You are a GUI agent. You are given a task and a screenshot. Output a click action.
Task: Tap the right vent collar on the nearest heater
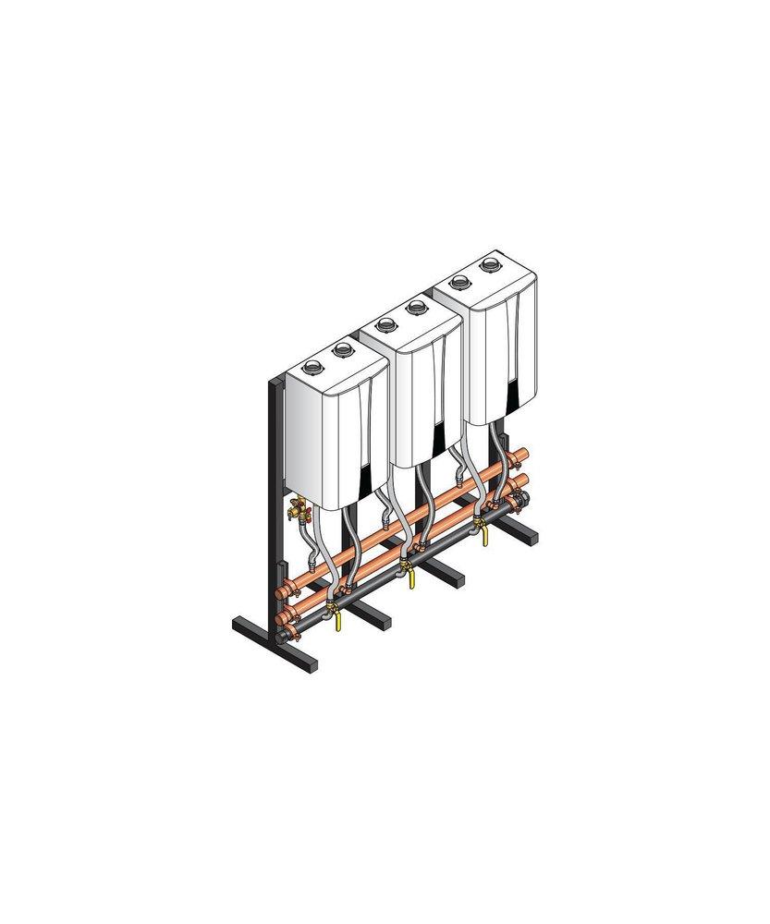click(343, 349)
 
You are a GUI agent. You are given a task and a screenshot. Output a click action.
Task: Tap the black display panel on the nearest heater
click(370, 480)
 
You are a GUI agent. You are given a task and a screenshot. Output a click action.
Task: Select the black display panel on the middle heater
click(441, 440)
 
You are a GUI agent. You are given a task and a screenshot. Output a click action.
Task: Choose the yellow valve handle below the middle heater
click(410, 578)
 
